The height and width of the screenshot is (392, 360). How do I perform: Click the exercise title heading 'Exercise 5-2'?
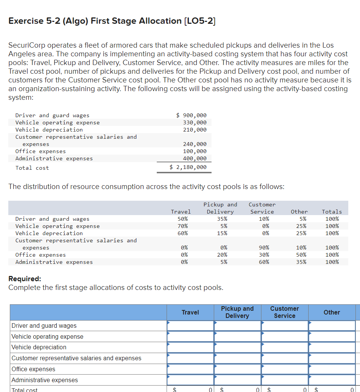111,21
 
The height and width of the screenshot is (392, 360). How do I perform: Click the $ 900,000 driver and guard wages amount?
192,115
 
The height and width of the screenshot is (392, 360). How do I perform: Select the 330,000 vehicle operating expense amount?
195,122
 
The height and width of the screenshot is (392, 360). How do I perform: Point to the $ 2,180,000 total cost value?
188,167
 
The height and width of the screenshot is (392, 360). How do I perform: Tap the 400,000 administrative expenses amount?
195,158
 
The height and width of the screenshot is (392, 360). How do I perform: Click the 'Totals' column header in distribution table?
332,212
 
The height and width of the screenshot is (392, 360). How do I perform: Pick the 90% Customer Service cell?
264,248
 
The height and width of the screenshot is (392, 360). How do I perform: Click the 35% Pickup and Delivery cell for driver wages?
222,219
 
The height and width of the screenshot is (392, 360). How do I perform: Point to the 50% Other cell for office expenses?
301,255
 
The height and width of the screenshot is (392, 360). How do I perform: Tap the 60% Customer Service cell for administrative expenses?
264,262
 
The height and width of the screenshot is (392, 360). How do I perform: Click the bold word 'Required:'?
25,279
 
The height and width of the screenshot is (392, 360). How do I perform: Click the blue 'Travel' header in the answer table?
190,312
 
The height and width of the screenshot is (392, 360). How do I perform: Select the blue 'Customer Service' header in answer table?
284,312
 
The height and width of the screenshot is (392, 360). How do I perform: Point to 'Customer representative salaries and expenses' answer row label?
77,358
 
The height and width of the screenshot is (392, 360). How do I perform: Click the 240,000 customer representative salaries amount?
195,144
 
